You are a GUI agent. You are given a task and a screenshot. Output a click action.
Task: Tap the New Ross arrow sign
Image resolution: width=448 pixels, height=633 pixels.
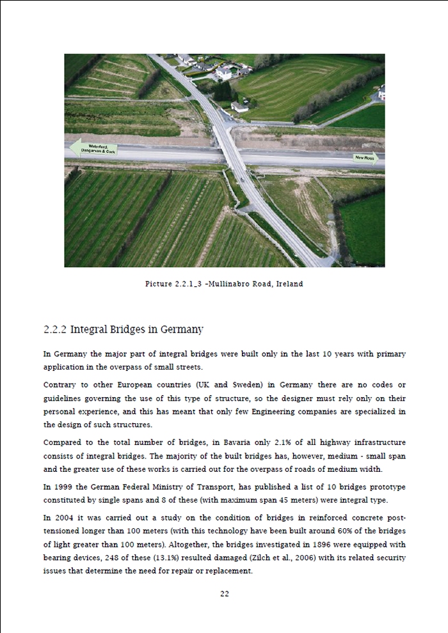coord(365,157)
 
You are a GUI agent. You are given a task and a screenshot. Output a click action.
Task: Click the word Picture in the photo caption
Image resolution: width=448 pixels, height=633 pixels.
coord(159,284)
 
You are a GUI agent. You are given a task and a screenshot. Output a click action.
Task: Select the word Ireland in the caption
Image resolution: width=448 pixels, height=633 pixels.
coord(289,284)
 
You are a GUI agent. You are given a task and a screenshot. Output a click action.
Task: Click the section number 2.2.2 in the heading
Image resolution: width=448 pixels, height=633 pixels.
coord(55,330)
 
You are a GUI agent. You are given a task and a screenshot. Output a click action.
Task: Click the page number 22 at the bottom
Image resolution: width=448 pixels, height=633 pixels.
coord(225,593)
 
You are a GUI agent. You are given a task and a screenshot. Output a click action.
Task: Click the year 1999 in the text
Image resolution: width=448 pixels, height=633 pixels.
coord(65,487)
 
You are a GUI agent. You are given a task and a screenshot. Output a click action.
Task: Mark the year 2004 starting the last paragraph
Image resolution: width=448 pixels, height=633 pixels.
coord(65,517)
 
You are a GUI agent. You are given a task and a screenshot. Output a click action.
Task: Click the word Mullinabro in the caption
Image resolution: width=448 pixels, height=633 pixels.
coord(230,284)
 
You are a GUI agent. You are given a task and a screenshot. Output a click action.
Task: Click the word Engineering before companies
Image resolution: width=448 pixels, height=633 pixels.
coord(291,412)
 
